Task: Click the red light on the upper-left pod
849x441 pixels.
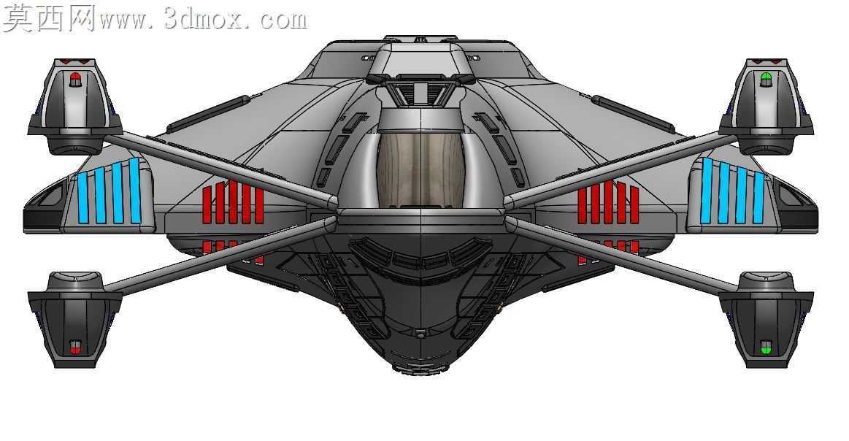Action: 75,81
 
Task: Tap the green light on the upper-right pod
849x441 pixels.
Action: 765,80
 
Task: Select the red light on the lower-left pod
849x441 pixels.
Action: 75,348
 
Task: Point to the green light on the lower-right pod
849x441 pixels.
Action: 765,348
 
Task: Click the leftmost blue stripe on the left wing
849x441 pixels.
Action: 82,197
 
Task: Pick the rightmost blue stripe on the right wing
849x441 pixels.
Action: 759,197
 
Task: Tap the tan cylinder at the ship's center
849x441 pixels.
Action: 421,169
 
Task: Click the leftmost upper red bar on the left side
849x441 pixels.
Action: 207,205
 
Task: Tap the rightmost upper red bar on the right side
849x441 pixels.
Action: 634,205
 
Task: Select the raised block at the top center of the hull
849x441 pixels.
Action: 421,59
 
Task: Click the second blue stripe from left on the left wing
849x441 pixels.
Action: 99,195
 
